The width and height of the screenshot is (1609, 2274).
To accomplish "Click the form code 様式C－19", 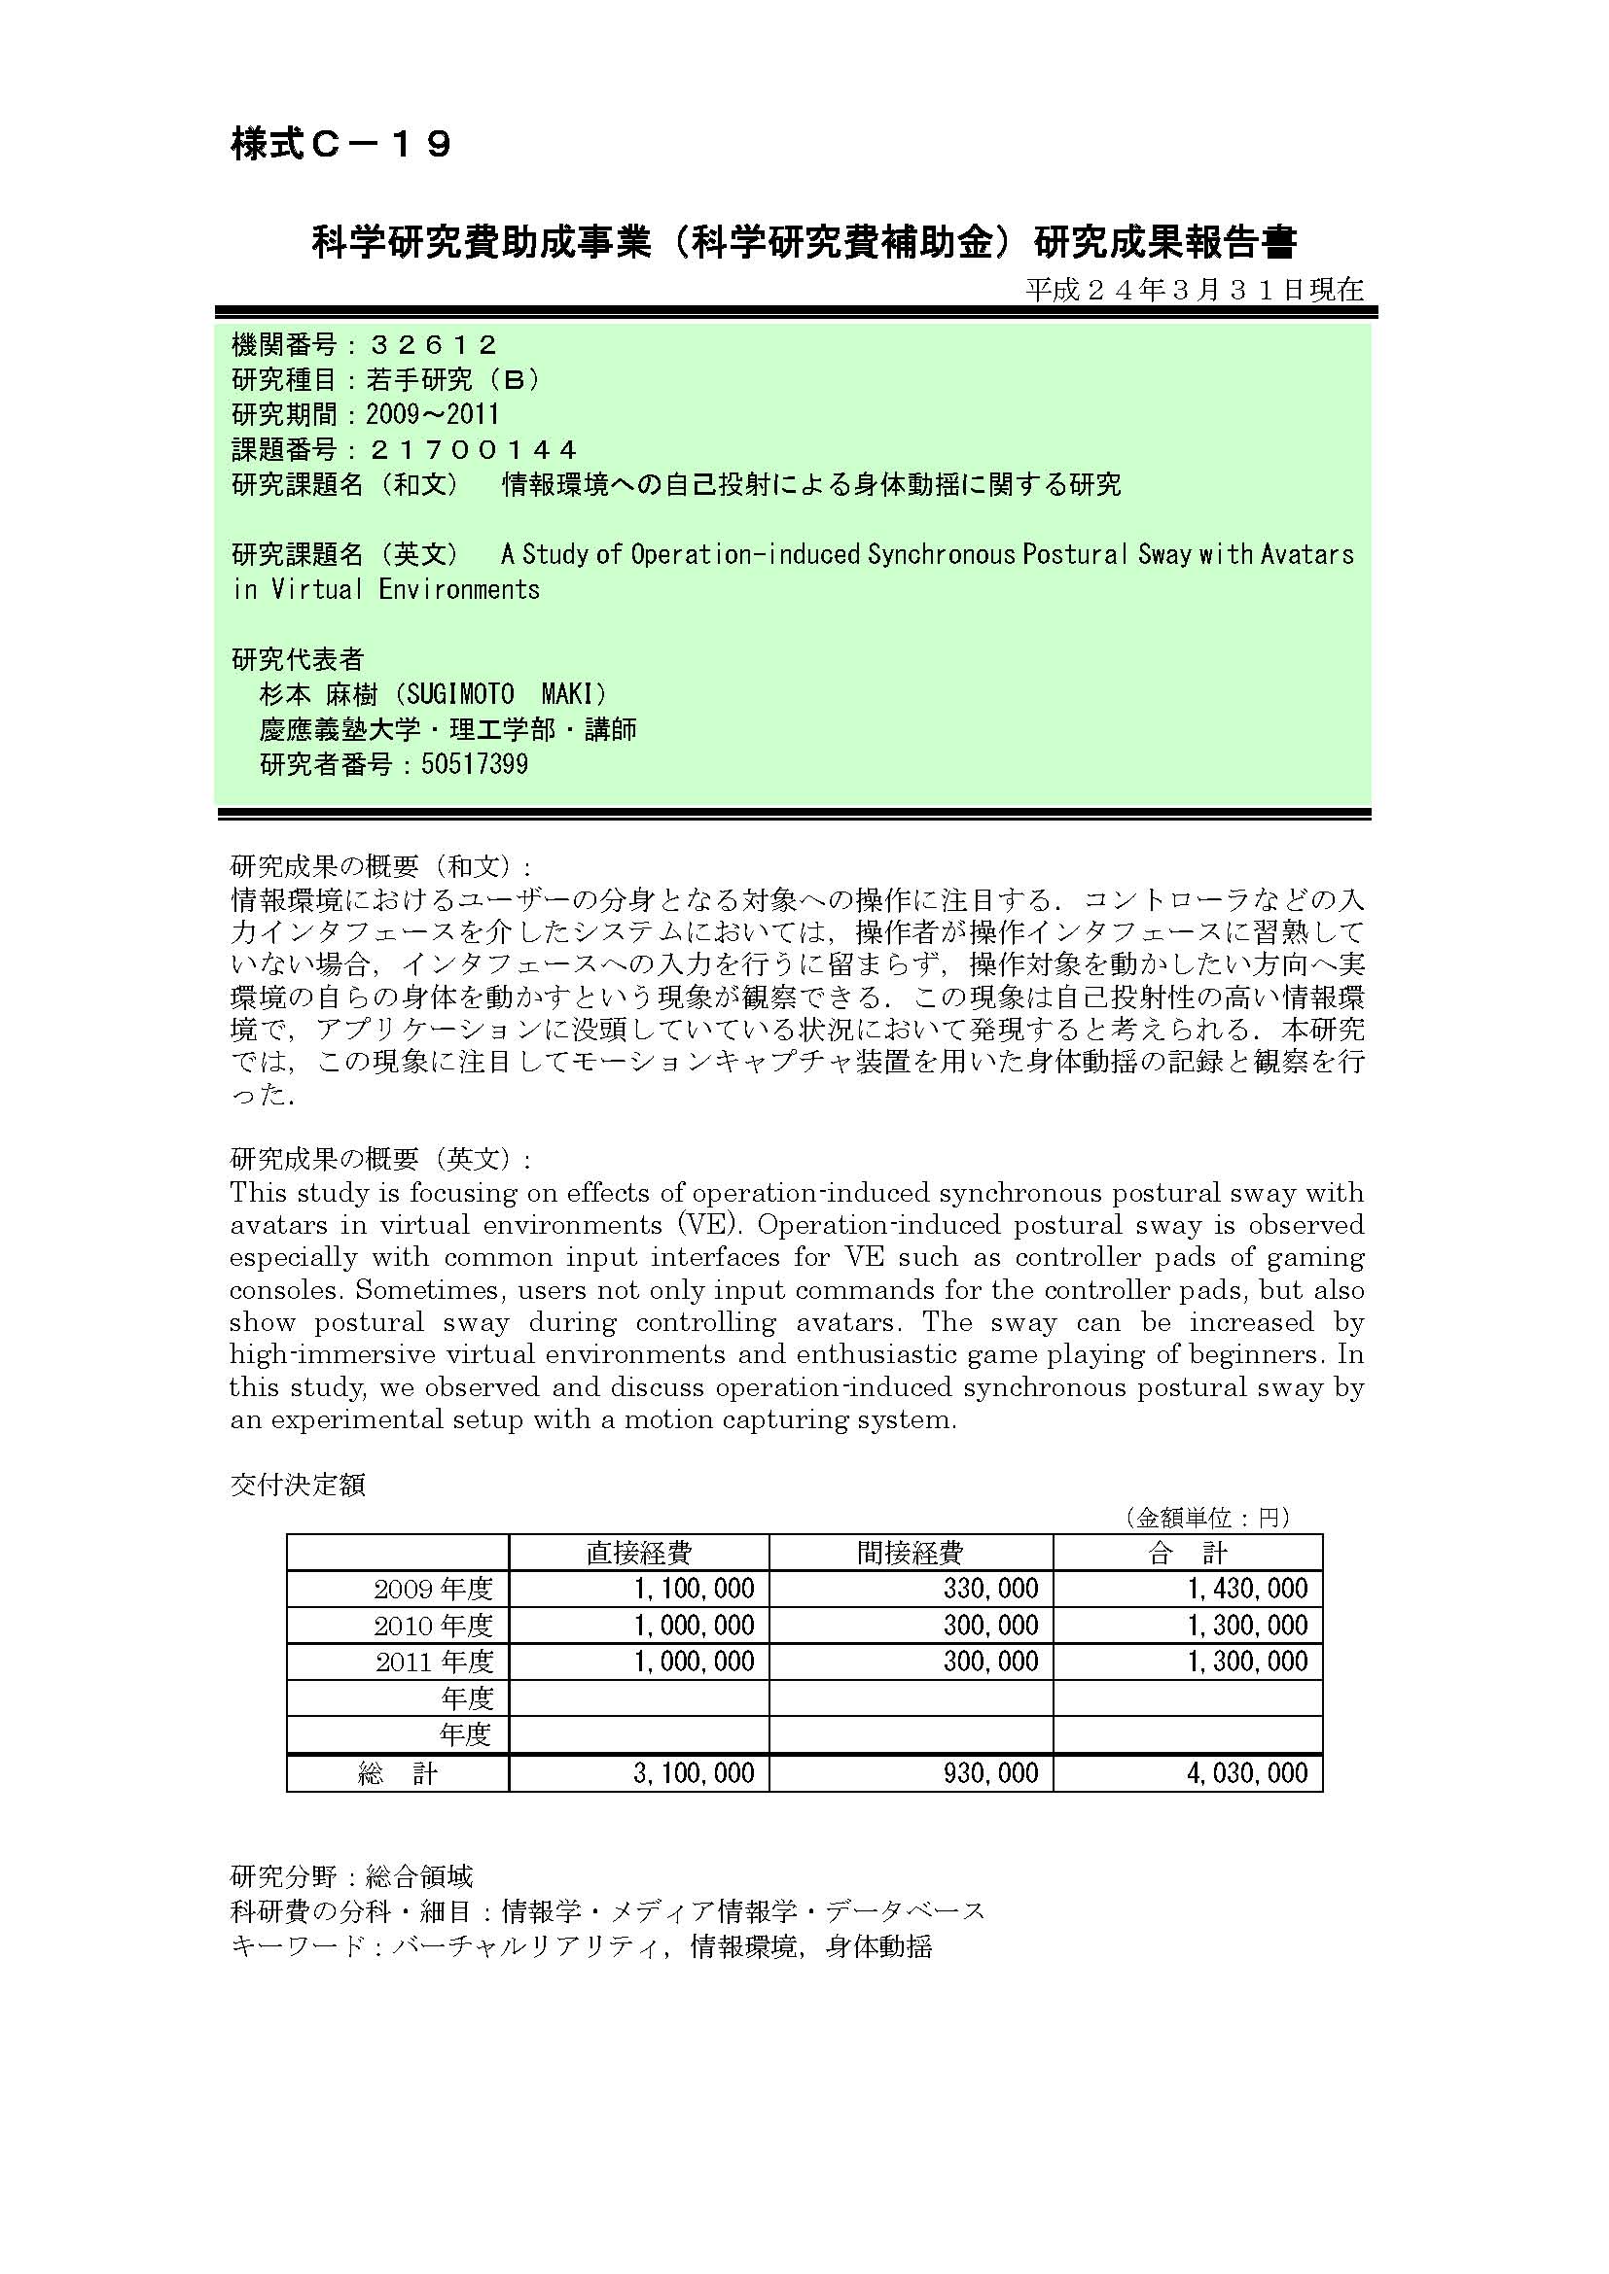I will click(x=341, y=146).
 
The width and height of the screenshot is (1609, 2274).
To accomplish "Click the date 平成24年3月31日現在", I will click(x=1194, y=290).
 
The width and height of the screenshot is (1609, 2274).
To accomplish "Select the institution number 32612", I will click(x=433, y=346).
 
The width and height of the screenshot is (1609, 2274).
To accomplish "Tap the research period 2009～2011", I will click(x=432, y=415).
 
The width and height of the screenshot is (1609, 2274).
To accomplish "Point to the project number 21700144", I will click(x=473, y=451).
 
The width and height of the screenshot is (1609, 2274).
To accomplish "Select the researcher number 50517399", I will click(x=475, y=764).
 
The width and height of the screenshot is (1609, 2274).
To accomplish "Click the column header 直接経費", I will click(x=639, y=1553).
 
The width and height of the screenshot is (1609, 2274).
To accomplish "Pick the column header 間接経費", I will click(x=911, y=1553).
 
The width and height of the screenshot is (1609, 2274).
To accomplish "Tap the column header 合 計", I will click(x=1188, y=1553).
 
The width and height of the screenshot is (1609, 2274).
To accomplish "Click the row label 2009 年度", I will click(x=433, y=1590).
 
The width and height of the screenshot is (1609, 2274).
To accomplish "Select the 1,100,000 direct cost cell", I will click(x=695, y=1590).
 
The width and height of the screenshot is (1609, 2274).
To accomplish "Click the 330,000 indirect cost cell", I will click(x=990, y=1590).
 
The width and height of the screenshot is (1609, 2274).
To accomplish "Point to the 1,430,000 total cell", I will click(x=1248, y=1590).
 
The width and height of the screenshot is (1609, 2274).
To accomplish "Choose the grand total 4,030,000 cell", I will click(x=1248, y=1774).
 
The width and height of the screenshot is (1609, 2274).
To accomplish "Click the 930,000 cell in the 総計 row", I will click(x=990, y=1774).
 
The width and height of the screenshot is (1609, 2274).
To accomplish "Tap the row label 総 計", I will click(x=397, y=1774).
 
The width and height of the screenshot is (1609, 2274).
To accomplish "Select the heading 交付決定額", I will click(x=299, y=1486).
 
